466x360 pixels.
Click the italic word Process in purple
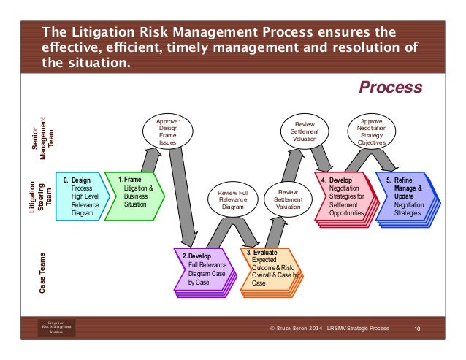pyautogui.click(x=390, y=88)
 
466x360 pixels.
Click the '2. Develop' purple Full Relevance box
pyautogui.click(x=204, y=270)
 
